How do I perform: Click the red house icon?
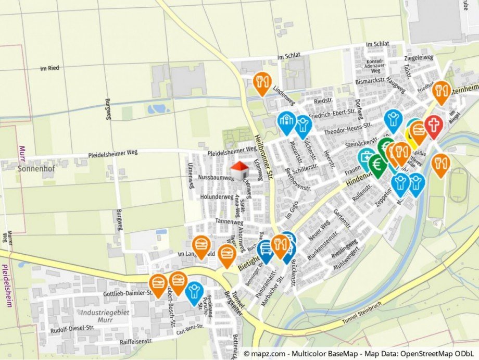coord(240,169)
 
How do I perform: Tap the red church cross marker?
coord(433,125)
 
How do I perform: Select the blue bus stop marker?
coord(266,249)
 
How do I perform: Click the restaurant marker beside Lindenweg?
coord(262,82)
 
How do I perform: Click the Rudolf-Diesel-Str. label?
coord(72,329)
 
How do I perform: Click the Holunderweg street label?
coord(217,197)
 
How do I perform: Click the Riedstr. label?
coord(323,101)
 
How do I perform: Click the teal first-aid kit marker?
coord(366,156)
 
